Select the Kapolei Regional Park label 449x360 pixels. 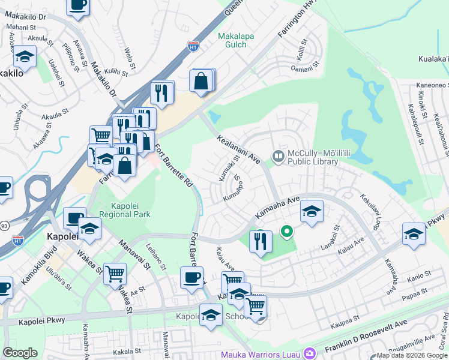coord(125,209)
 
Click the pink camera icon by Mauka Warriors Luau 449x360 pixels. coord(309,353)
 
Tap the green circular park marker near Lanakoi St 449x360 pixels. coord(287,230)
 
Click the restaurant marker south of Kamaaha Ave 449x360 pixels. coord(261,241)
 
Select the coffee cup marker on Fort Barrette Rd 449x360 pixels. coord(191,277)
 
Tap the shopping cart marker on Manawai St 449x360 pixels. coord(115,273)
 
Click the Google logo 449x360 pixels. coord(20,353)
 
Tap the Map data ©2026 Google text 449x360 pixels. coord(412,355)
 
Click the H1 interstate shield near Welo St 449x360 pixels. coord(193,46)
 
